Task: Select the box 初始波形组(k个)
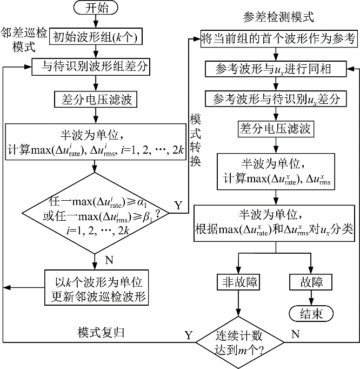coord(95,38)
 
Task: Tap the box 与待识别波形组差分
coord(95,68)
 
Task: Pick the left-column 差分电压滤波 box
coord(95,98)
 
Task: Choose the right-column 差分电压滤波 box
coord(276,129)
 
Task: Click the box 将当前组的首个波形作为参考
coord(277,38)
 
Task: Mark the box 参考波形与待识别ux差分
coord(276,98)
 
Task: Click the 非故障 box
coord(238,282)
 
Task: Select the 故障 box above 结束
coord(311,282)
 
